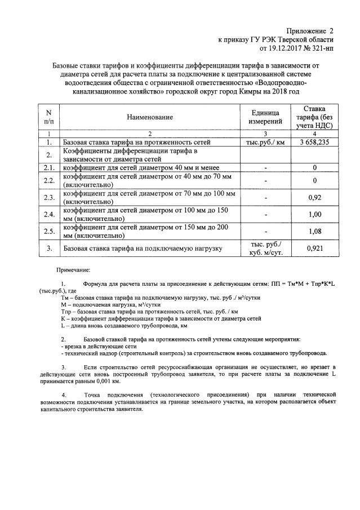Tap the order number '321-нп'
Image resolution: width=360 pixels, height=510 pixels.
(322, 49)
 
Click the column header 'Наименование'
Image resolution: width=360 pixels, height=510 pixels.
(149, 117)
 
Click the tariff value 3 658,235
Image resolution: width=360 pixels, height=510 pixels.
(314, 143)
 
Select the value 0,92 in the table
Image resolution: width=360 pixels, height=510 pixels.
(314, 198)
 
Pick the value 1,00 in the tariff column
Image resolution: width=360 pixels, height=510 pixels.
(314, 215)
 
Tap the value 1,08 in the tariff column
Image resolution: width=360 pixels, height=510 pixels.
(314, 232)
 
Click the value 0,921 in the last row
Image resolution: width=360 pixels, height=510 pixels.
(314, 248)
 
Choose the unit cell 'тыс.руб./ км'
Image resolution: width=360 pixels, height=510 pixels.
(266, 143)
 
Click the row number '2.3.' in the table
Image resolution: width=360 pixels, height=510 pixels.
(49, 198)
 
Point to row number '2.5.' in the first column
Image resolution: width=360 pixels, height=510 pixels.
(49, 232)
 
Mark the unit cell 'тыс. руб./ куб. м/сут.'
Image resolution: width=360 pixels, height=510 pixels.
(266, 248)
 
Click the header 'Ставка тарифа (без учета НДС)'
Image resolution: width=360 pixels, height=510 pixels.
(314, 117)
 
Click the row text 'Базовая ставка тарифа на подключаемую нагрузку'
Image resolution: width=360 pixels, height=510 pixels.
(143, 248)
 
